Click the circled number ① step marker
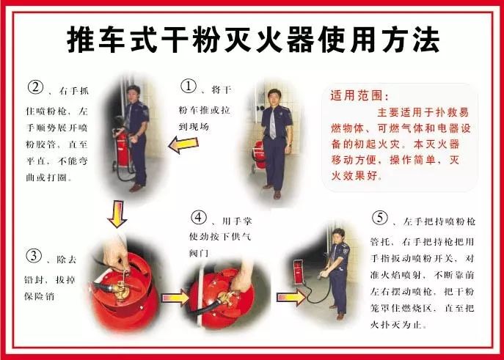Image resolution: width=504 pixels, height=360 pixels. tap(189, 86)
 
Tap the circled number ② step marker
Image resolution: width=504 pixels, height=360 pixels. tap(35, 87)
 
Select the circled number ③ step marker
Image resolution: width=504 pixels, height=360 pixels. tap(34, 257)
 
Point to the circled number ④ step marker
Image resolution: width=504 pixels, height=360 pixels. tap(199, 218)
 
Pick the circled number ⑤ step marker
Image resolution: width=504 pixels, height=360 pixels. tap(380, 218)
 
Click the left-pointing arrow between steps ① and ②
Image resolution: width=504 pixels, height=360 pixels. tap(183, 145)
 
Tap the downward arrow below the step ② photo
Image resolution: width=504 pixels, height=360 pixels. tap(117, 215)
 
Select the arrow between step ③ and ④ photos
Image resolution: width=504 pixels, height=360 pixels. tap(175, 298)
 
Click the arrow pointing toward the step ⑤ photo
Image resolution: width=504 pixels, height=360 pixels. tap(291, 298)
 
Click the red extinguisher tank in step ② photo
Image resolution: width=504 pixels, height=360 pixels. tap(122, 148)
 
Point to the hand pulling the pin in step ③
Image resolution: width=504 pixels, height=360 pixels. tap(117, 254)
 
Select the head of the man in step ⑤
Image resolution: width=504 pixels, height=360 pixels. tap(338, 235)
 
